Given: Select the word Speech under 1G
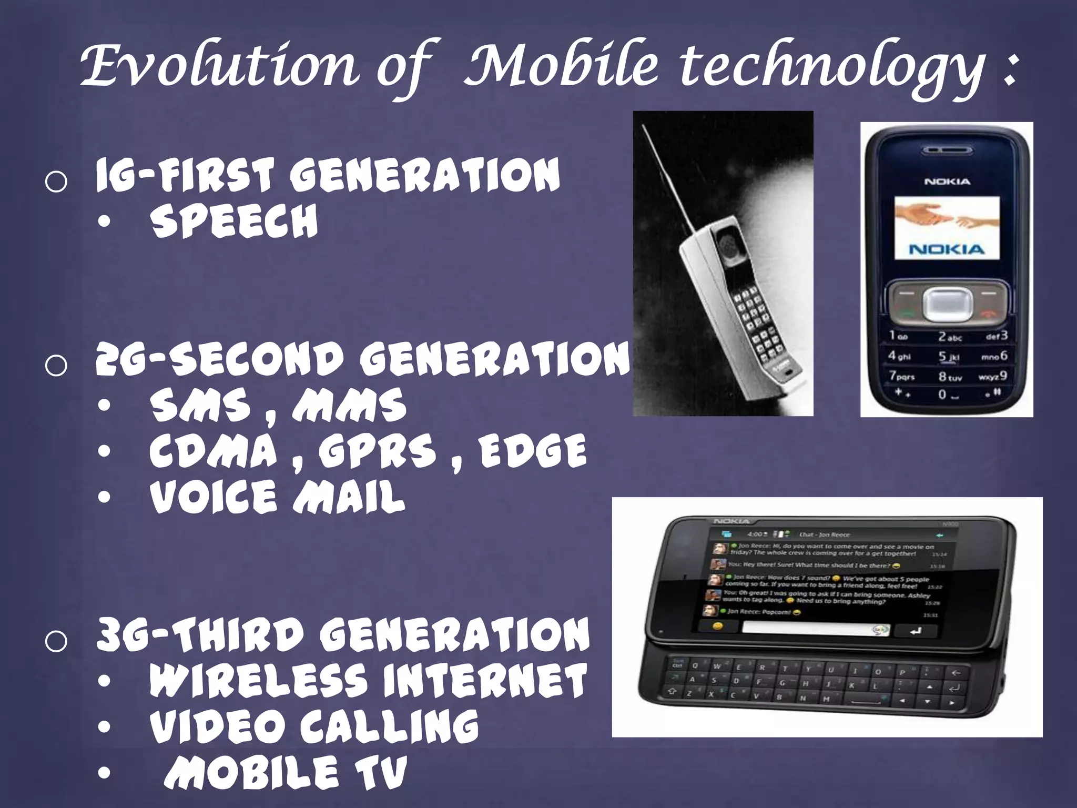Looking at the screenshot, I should (x=234, y=221).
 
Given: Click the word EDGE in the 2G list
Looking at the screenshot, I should (x=532, y=451).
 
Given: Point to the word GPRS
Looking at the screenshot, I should (x=377, y=451).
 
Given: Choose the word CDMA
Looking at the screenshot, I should (x=213, y=451).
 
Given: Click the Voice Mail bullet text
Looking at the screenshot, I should (x=277, y=497).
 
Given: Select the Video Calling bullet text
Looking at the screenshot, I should (x=314, y=726).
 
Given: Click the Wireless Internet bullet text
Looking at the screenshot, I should (x=368, y=680).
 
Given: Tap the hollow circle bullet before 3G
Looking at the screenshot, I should (x=56, y=642).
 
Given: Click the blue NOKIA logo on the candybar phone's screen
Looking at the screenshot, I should (x=947, y=249).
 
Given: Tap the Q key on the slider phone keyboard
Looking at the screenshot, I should (x=695, y=665).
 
